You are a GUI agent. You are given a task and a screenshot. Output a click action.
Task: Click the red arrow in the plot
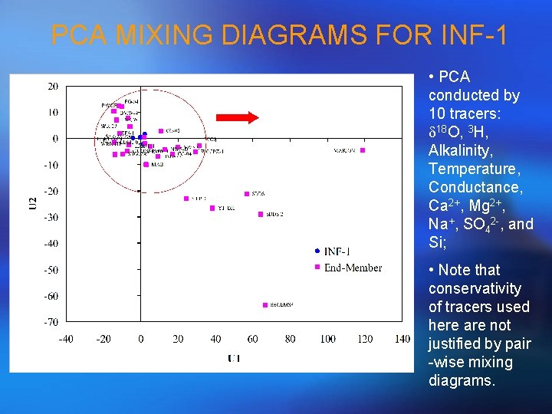(x=237, y=117)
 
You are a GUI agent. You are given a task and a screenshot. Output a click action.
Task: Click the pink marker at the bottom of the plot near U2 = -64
(x=265, y=304)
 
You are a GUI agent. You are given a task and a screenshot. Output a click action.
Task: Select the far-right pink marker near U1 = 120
(x=363, y=150)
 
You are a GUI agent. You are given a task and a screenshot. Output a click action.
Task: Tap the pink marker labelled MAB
(x=146, y=164)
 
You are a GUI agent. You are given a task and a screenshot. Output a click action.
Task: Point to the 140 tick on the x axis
(x=402, y=339)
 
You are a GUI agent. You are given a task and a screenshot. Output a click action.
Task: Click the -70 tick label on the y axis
(x=50, y=321)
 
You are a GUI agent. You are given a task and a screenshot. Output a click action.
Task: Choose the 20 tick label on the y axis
(x=52, y=87)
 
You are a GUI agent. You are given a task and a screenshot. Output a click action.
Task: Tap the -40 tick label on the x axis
(x=66, y=339)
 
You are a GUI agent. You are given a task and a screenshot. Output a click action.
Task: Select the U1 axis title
(x=234, y=358)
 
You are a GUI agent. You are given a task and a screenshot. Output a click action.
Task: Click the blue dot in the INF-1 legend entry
(x=317, y=251)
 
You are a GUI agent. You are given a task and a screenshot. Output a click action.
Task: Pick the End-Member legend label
(x=353, y=267)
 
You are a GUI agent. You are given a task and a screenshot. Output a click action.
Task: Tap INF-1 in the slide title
(x=470, y=35)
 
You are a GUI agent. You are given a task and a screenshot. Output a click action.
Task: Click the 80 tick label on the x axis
(x=290, y=339)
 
